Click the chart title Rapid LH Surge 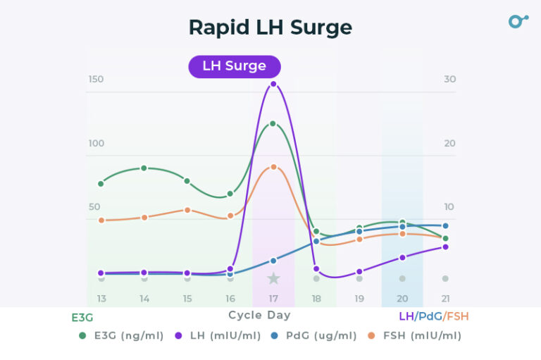pos(270,27)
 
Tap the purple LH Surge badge pos(235,66)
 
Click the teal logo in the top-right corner pos(518,21)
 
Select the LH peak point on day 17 pos(273,84)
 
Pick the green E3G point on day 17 pos(273,123)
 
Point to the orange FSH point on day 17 pos(273,167)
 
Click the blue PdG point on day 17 pos(273,261)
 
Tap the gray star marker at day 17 pos(273,279)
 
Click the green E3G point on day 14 pos(144,168)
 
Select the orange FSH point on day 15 pos(187,210)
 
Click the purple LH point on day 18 pos(316,269)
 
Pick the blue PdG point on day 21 pos(445,226)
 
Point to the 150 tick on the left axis pos(96,79)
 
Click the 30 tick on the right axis pos(449,79)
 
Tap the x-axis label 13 pos(101,299)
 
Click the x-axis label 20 pos(402,299)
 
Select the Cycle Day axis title pos(259,316)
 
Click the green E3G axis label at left pos(82,318)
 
